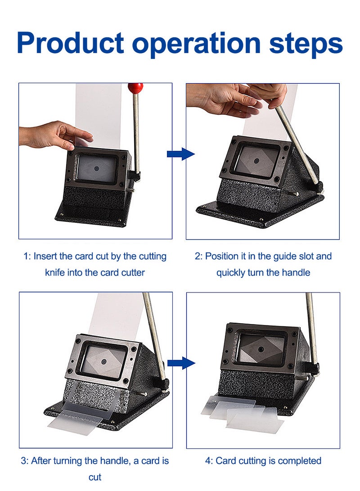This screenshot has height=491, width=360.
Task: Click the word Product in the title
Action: coord(71,43)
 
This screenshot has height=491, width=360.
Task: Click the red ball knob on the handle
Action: coord(135,88)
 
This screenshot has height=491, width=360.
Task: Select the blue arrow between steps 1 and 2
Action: coord(180,154)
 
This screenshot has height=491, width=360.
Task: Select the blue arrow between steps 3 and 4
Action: coord(181,363)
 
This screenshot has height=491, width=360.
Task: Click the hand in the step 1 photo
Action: coord(56,136)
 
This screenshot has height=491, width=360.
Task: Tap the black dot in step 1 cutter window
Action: coord(97,168)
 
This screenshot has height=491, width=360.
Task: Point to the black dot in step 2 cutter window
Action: coord(256,161)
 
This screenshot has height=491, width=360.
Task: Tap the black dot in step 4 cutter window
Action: coord(261,348)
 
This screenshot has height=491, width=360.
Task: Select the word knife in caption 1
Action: coord(55,272)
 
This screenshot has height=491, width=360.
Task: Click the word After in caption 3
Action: coord(41,461)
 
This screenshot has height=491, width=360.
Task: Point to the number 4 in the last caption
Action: coord(208,461)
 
